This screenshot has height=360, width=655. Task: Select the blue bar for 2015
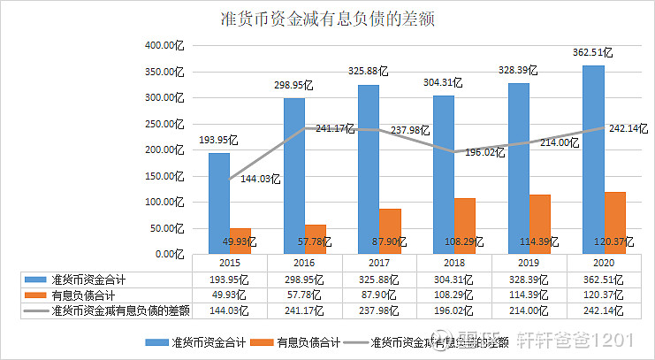click(x=219, y=203)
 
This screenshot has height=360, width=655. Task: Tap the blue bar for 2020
click(x=593, y=159)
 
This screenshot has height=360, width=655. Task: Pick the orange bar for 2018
click(x=464, y=226)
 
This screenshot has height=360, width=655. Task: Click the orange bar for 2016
click(x=315, y=239)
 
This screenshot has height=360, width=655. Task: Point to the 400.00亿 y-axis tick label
click(x=165, y=44)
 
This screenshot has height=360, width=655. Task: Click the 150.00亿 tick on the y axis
click(x=165, y=175)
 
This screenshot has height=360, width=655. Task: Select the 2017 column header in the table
click(x=379, y=263)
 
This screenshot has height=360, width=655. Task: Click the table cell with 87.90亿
click(x=379, y=295)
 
